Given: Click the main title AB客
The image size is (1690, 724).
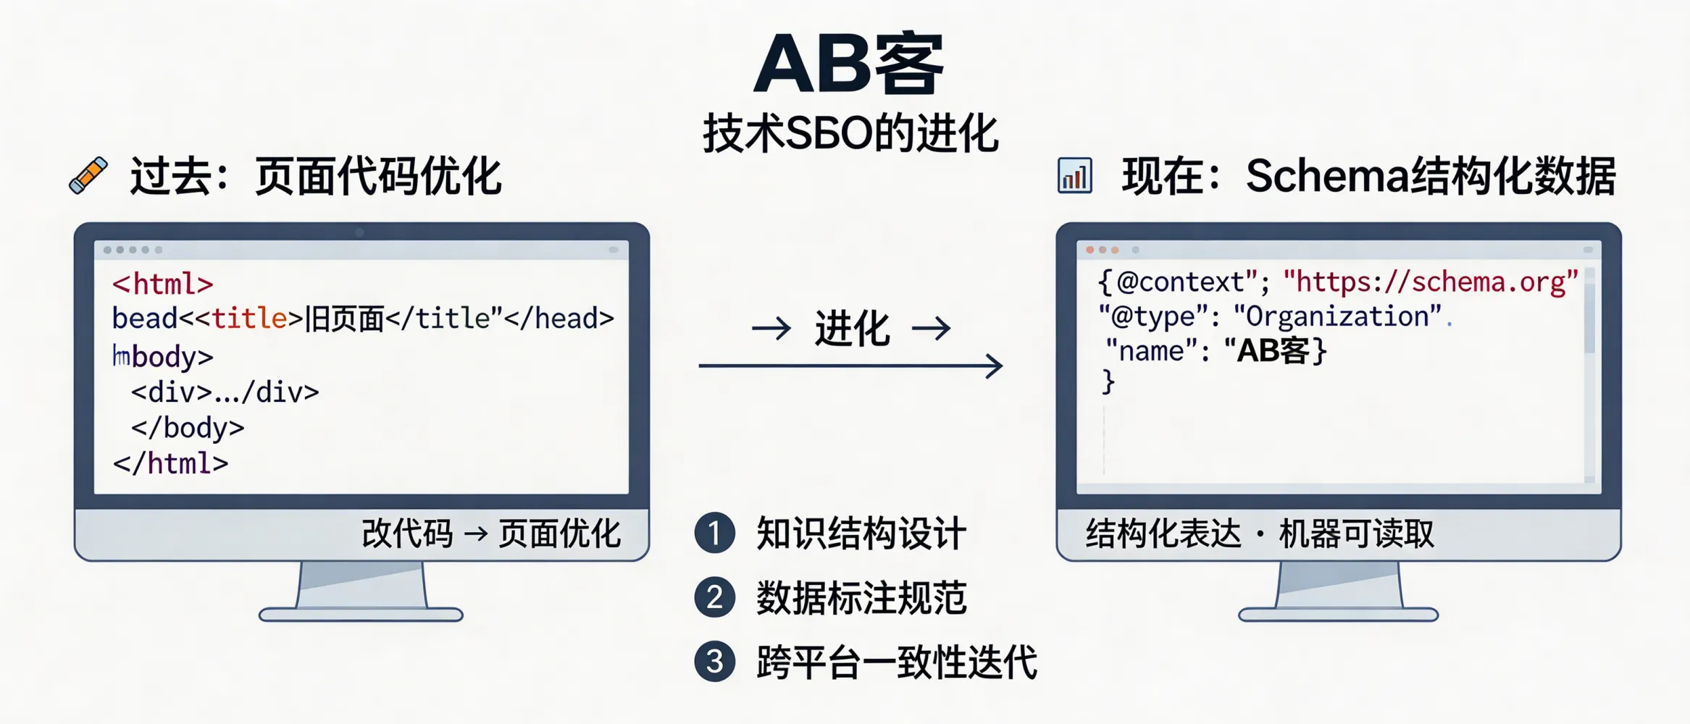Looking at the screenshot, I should point(849,65).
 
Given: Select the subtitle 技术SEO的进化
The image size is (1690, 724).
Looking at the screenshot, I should point(850,134).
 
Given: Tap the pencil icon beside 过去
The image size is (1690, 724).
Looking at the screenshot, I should point(88,175).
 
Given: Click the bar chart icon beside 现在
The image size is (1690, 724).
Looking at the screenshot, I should point(1074,176).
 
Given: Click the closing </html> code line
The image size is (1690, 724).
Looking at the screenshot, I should point(171,463).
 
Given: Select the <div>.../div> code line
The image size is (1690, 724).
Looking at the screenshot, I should point(225,392).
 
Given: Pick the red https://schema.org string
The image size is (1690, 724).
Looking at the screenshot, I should point(1430,282).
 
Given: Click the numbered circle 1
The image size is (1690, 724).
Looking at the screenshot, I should point(715,533).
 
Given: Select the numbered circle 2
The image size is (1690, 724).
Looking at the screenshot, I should point(715,597).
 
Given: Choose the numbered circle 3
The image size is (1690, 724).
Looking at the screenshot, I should point(715,661).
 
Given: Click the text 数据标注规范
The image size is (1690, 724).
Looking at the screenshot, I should point(861,598).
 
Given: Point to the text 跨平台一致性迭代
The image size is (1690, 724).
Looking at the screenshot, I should point(897,662).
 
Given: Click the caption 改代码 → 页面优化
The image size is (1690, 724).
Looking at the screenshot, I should point(491,534).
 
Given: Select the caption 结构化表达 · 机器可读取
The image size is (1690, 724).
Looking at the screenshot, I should point(1260,534).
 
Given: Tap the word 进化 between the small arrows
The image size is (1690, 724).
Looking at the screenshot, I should point(852,329).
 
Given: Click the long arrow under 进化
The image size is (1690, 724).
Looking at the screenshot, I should point(850,366).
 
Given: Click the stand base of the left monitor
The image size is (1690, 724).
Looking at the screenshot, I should point(361,615).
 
